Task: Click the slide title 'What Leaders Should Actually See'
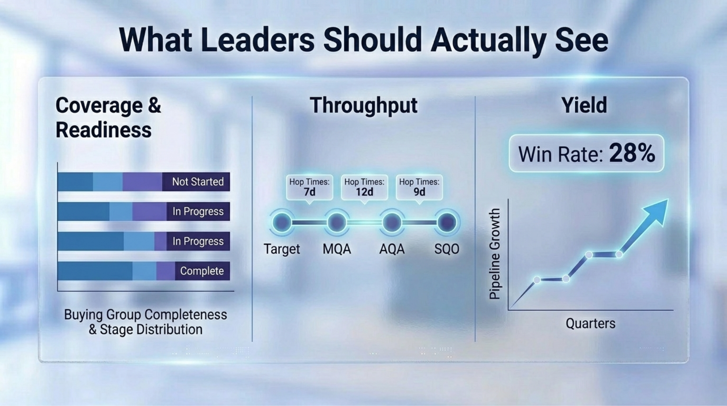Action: tap(363, 40)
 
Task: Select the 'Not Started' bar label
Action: tap(198, 182)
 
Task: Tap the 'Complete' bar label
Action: tap(202, 271)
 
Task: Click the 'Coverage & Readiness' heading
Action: tap(108, 117)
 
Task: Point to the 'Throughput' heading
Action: tap(363, 105)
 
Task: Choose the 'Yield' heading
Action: tap(584, 105)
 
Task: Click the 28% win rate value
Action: tap(632, 153)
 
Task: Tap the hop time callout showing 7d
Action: tap(309, 188)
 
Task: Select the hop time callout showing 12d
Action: tap(364, 188)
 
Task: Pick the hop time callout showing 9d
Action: tap(419, 188)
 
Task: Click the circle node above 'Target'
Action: tap(282, 222)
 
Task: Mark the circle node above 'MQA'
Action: tap(337, 222)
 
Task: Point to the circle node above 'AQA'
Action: tap(392, 222)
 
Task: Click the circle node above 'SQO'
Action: tap(447, 222)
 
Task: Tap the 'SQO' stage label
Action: tap(447, 249)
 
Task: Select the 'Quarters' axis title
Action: tap(590, 324)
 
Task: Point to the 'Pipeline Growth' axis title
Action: tap(495, 254)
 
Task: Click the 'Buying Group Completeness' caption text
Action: tap(145, 314)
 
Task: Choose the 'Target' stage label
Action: tap(282, 249)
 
